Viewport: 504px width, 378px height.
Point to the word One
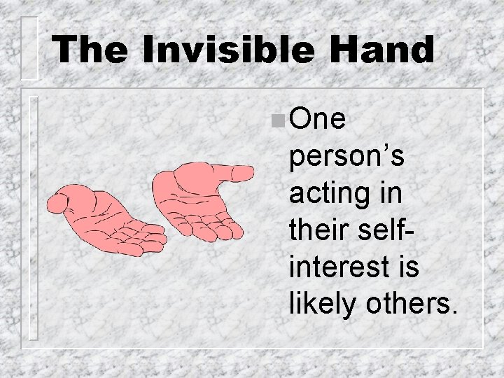318,120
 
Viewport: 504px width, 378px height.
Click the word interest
332,265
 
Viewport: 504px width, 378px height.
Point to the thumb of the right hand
234,171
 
